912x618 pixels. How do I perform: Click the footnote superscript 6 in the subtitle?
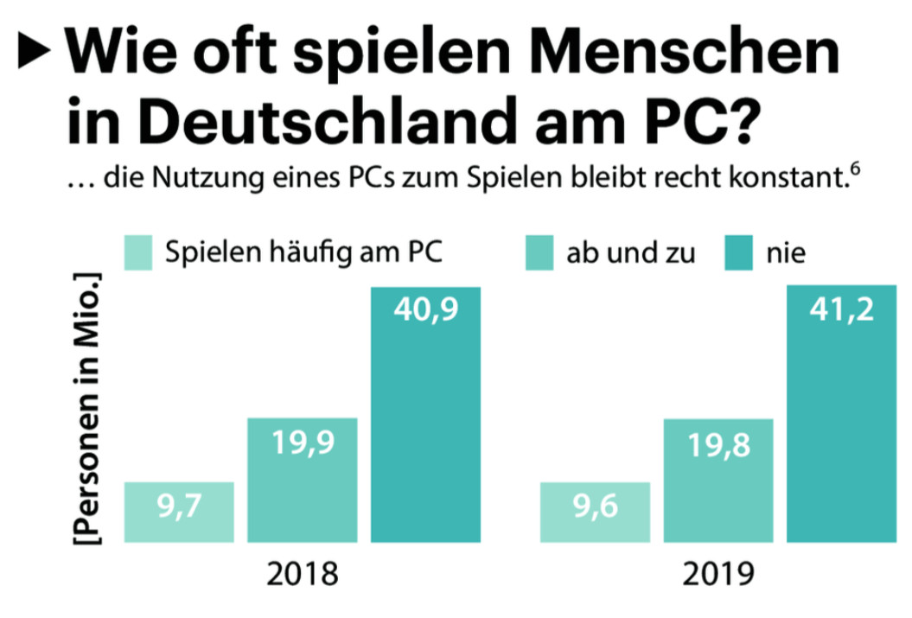(854, 173)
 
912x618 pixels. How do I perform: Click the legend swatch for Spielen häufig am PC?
(139, 252)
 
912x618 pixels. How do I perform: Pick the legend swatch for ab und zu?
(539, 252)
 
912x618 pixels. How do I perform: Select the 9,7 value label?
(179, 508)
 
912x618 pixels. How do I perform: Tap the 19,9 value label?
(303, 444)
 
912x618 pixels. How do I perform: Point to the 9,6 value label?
(595, 508)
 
